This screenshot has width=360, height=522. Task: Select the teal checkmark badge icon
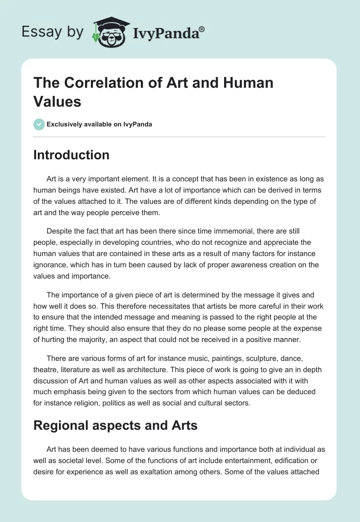point(39,124)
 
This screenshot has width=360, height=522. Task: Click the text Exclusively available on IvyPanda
point(100,124)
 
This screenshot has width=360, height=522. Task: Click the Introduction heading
point(72,155)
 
